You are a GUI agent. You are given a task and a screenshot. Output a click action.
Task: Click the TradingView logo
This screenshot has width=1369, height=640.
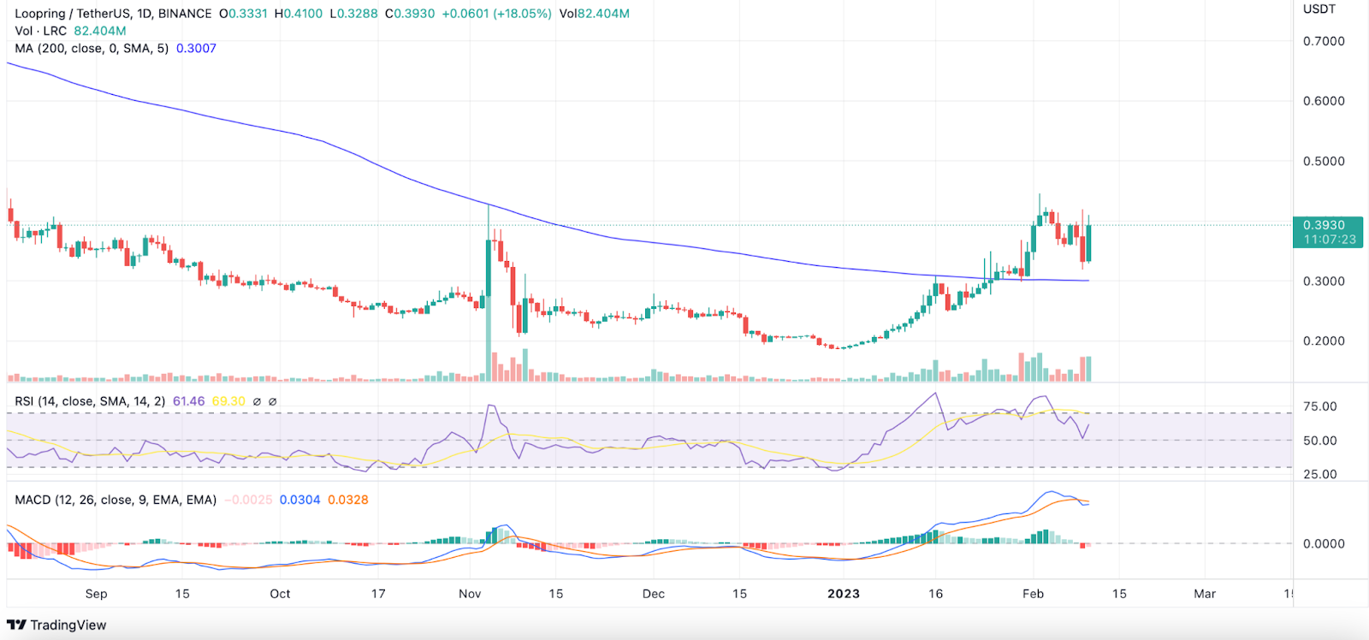click(x=56, y=625)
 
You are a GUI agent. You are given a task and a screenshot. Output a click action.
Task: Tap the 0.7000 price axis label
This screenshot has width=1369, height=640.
click(x=1323, y=41)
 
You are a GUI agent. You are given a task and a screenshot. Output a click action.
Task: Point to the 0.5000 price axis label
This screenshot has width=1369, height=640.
click(x=1323, y=161)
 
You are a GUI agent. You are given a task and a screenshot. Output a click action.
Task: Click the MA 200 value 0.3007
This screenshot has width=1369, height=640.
click(x=196, y=48)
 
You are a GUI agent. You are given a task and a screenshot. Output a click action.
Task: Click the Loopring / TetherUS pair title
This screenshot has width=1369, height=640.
click(x=73, y=14)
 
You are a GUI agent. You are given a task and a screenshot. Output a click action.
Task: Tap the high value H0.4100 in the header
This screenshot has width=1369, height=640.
click(x=299, y=14)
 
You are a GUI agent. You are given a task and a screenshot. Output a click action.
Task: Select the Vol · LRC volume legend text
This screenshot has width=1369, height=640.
click(x=41, y=31)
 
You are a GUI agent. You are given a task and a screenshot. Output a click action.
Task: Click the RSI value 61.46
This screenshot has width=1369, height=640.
click(x=188, y=401)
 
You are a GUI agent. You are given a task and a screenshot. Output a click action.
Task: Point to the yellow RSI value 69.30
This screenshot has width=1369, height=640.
click(x=228, y=401)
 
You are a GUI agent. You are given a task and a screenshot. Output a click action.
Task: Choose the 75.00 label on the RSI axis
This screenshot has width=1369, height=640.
click(x=1319, y=406)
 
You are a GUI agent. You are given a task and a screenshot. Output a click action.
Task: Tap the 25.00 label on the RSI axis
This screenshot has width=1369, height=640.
click(x=1319, y=474)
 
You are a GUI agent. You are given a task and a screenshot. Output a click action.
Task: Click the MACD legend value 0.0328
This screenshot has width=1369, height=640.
click(x=348, y=500)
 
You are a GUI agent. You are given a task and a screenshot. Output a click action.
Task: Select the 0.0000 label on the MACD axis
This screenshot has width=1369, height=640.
click(x=1323, y=543)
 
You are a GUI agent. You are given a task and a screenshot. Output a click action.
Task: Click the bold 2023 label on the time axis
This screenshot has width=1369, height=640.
click(x=843, y=594)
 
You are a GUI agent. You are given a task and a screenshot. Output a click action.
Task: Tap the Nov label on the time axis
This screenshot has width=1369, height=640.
click(x=470, y=594)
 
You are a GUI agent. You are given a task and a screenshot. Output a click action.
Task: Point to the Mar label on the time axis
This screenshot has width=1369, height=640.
click(x=1205, y=594)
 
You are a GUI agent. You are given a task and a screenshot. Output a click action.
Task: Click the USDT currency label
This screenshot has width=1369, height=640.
click(x=1319, y=9)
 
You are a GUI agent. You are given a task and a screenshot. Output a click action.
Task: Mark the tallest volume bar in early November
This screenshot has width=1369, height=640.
click(x=489, y=364)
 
